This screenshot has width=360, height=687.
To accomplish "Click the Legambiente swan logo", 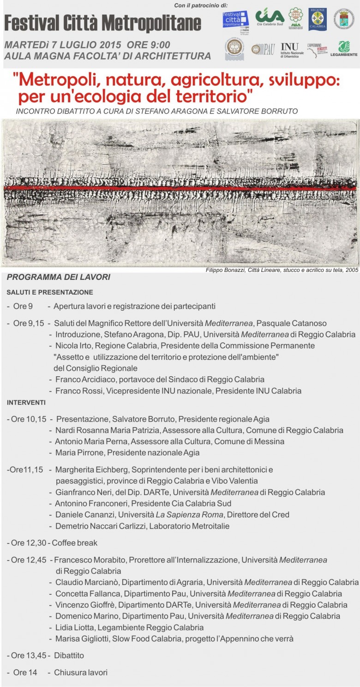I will click(x=343, y=48).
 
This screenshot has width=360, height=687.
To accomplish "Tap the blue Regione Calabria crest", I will click(x=318, y=19).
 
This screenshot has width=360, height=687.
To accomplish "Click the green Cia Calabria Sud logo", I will click(x=270, y=18).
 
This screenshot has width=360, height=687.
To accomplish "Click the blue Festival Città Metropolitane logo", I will click(x=235, y=19).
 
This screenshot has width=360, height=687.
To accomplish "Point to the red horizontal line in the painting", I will click(x=180, y=188).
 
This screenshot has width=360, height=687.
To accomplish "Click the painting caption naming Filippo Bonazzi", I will click(x=282, y=270).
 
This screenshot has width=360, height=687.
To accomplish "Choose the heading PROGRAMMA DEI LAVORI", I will click(x=59, y=277).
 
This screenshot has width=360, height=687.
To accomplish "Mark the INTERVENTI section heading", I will click(x=26, y=403).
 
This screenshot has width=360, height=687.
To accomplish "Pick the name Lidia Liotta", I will click(x=77, y=627).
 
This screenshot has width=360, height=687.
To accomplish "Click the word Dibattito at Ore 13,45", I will click(x=69, y=655).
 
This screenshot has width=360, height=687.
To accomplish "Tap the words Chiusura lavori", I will click(x=81, y=672).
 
